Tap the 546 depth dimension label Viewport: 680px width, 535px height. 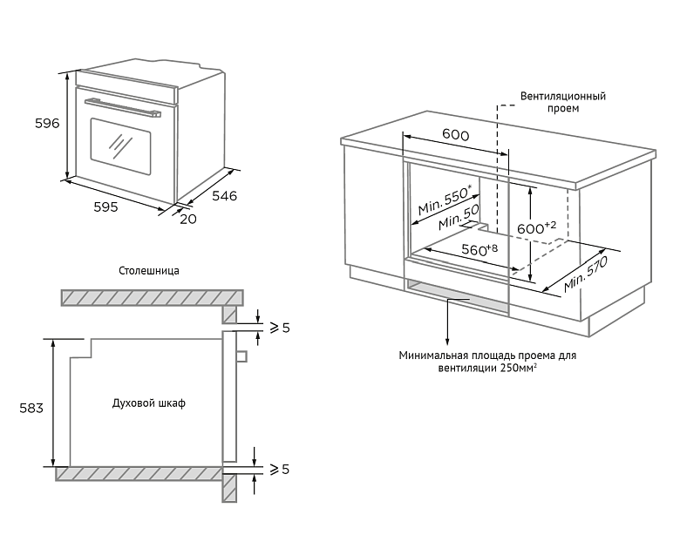(x=224, y=196)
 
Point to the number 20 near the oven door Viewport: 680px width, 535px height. (x=187, y=219)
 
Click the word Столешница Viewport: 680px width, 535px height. (x=149, y=270)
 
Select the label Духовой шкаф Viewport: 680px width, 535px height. (x=149, y=403)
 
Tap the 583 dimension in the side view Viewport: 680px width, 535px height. (x=32, y=407)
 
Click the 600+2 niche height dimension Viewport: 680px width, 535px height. (x=536, y=227)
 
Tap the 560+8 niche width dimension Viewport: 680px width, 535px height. (x=479, y=250)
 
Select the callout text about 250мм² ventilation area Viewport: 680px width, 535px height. (x=487, y=362)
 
